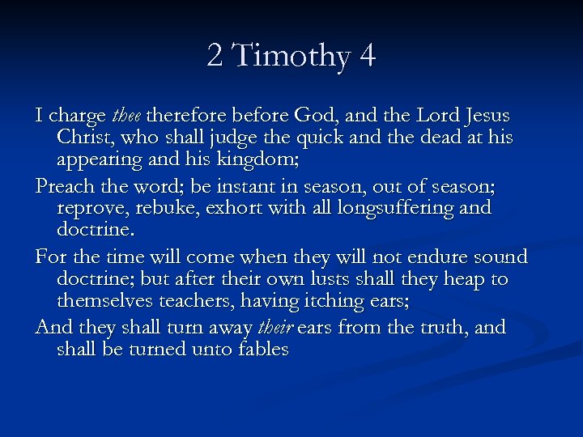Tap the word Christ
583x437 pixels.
pos(84,137)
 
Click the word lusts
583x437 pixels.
pos(328,279)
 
